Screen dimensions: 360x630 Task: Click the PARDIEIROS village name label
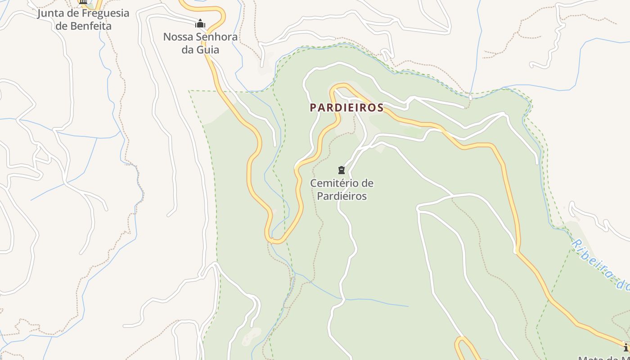tap(346, 108)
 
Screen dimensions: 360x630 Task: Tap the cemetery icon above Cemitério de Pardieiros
tap(341, 170)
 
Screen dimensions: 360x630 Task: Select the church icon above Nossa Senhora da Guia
tap(200, 24)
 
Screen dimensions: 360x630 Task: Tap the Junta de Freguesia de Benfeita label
tap(83, 19)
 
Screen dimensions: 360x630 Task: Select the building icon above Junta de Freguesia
tap(83, 2)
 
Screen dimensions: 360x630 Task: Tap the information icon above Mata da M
tap(626, 347)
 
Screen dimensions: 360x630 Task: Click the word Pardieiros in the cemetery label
tap(342, 196)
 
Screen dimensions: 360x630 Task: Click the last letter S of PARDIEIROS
tap(381, 108)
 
